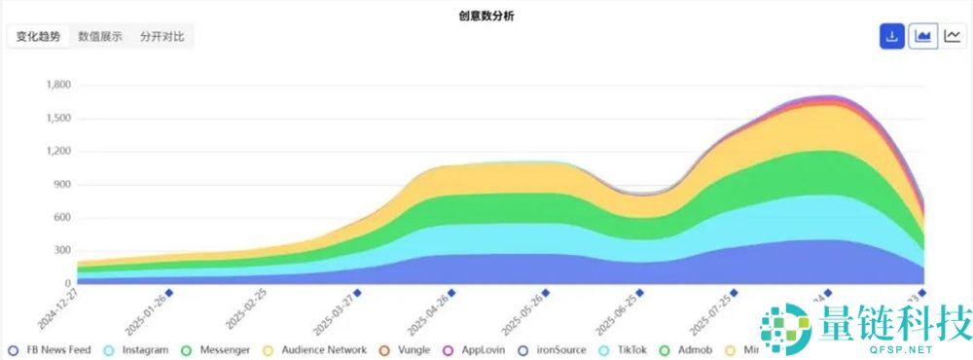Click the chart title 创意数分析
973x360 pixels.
486,16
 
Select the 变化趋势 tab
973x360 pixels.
38,37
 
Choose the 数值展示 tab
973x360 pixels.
100,37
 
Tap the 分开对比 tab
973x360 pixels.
162,37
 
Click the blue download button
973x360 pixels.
891,37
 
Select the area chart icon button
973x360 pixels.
922,37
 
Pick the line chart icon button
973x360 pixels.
953,37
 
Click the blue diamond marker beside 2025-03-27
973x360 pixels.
358,292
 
